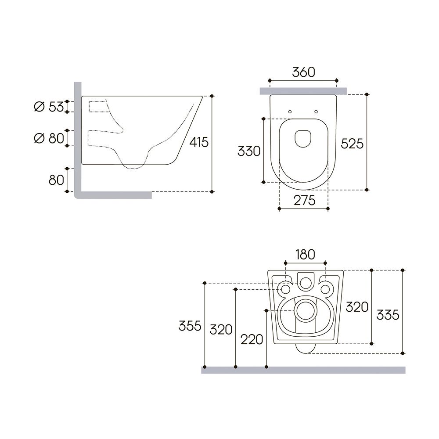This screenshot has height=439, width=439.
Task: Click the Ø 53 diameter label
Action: point(49,107)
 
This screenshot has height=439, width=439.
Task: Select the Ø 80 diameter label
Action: point(49,138)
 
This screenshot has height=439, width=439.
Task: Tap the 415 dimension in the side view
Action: point(199,143)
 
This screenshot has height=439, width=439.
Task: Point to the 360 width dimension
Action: point(303,72)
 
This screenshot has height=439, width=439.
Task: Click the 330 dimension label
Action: point(249,151)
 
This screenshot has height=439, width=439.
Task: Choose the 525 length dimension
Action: point(353,143)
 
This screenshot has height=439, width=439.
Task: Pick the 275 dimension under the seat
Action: point(304,201)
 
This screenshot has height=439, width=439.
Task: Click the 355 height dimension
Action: point(190,326)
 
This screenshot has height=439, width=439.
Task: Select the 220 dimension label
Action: point(252,339)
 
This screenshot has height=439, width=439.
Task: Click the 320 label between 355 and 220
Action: point(221,329)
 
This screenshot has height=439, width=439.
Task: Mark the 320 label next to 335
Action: point(356,307)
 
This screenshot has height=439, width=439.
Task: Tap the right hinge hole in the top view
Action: point(316,112)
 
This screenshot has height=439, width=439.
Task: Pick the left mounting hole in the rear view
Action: point(285,289)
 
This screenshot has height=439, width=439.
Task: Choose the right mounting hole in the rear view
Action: point(325,289)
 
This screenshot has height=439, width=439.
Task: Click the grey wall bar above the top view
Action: point(303,91)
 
